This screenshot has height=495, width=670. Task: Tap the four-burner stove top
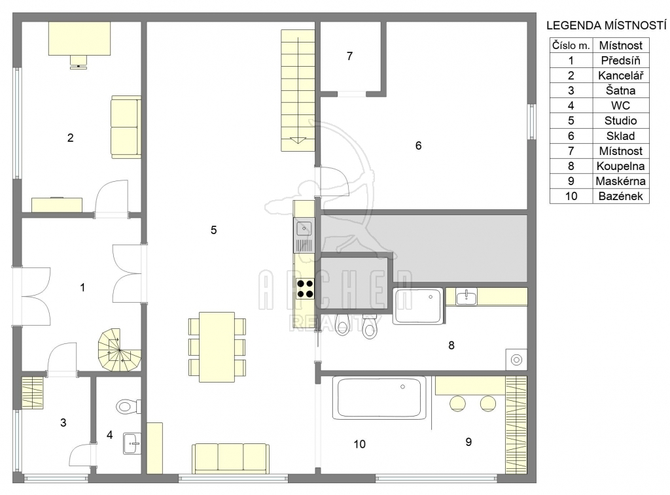305,288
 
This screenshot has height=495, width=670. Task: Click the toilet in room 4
129,405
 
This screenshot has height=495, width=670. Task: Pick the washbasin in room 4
132,444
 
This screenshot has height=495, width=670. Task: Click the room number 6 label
418,146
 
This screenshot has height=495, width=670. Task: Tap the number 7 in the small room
349,56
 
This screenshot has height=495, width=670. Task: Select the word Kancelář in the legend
620,76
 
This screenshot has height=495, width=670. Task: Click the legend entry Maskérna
620,181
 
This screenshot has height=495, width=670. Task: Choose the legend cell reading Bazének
620,196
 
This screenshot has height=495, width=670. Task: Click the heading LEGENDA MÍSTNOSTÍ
606,26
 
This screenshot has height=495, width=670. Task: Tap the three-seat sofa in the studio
231,458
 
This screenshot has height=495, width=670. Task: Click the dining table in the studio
217,347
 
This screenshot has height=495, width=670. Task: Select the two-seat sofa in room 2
126,127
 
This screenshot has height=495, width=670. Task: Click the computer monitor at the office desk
79,61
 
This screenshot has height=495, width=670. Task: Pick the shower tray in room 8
418,306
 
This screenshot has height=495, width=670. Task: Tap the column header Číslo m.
571,45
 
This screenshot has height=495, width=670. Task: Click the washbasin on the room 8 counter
466,297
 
